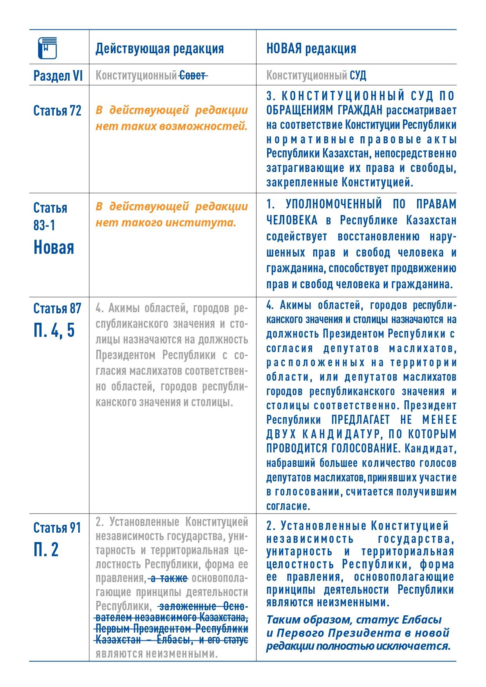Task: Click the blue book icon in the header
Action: pyautogui.click(x=47, y=48)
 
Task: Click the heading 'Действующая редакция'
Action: pyautogui.click(x=160, y=49)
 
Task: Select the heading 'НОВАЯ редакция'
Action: pyautogui.click(x=311, y=49)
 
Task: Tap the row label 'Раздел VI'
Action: pyautogui.click(x=58, y=75)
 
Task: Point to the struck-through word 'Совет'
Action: pyautogui.click(x=193, y=75)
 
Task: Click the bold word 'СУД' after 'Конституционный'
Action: pyautogui.click(x=358, y=75)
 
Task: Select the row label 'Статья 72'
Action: pyautogui.click(x=58, y=111)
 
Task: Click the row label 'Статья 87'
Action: pyautogui.click(x=58, y=309)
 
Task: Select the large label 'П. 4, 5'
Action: pyautogui.click(x=54, y=330)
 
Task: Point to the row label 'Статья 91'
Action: pyautogui.click(x=58, y=528)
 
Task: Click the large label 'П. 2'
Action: pyautogui.click(x=46, y=550)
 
